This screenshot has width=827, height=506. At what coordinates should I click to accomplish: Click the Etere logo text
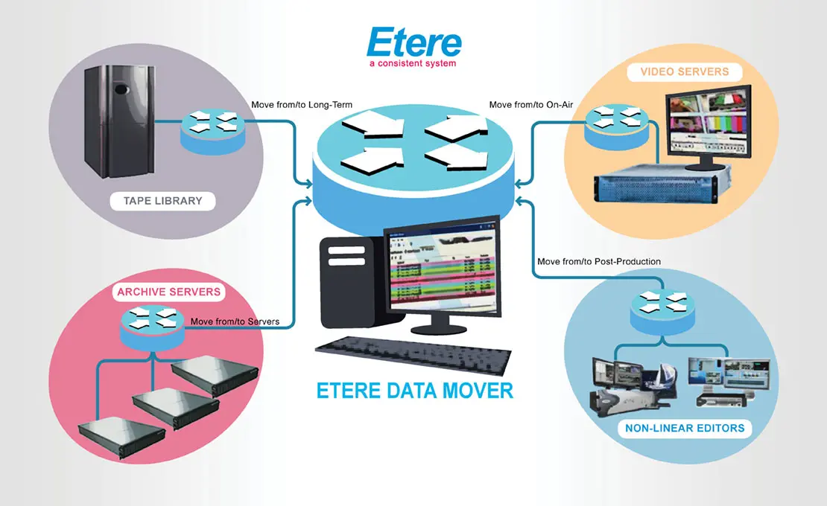[413, 43]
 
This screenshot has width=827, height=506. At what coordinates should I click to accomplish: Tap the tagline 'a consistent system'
[412, 64]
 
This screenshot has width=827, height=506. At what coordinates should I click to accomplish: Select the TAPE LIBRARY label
[162, 201]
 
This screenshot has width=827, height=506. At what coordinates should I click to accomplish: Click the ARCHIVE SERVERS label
[169, 292]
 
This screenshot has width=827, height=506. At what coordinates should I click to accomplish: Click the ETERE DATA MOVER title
[414, 390]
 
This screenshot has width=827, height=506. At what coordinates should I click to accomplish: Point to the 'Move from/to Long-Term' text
[301, 105]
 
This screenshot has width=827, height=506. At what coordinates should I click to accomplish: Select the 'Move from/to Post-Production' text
[599, 262]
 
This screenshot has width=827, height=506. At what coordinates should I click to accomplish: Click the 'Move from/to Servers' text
[235, 321]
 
